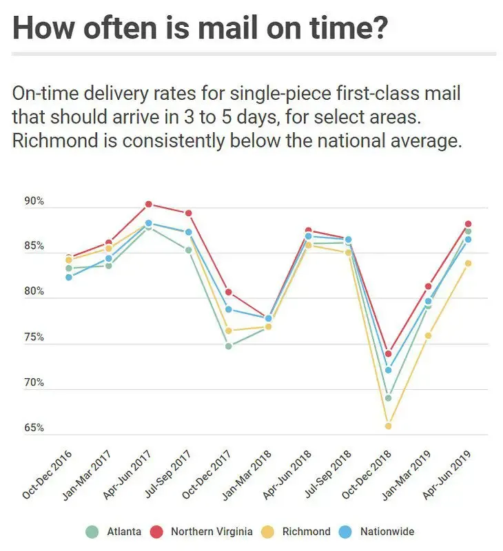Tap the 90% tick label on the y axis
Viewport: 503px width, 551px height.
[x=34, y=202]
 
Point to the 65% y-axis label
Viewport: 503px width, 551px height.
[x=34, y=428]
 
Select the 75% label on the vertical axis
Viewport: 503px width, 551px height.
[x=34, y=337]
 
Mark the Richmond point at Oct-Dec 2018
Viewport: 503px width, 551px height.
[x=388, y=426]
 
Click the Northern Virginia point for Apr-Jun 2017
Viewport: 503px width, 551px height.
[x=148, y=205]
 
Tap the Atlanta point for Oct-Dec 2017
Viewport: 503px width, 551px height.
[x=228, y=346]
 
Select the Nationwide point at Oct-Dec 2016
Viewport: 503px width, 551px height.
[x=69, y=277]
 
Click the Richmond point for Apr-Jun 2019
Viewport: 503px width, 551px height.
[x=468, y=263]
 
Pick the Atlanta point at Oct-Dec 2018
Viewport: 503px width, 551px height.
[x=388, y=398]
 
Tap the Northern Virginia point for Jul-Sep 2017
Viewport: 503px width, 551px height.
[x=188, y=214]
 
